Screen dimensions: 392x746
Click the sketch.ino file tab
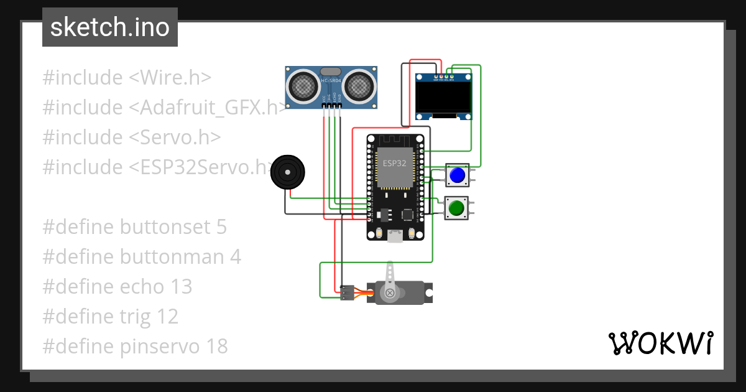pyautogui.click(x=109, y=27)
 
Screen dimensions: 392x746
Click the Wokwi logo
pyautogui.click(x=660, y=343)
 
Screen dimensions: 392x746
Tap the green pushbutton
pyautogui.click(x=457, y=208)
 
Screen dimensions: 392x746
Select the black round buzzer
pyautogui.click(x=288, y=172)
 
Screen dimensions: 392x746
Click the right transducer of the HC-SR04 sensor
pyautogui.click(x=360, y=86)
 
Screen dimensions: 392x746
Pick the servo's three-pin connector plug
pyautogui.click(x=347, y=292)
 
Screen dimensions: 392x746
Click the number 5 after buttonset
pyautogui.click(x=221, y=227)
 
